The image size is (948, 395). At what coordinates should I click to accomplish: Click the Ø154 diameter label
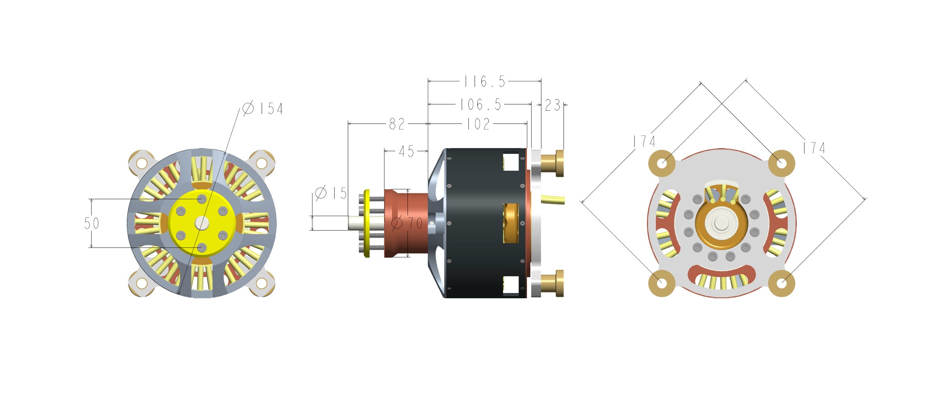(263, 108)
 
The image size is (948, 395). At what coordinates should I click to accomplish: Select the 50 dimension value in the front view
(92, 224)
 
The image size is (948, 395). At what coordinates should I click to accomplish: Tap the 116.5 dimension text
(485, 82)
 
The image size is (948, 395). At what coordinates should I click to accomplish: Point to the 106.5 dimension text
(480, 105)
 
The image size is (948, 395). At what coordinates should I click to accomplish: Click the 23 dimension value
(553, 105)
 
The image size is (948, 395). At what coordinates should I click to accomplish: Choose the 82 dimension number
(397, 124)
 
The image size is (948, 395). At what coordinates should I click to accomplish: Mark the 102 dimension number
(478, 124)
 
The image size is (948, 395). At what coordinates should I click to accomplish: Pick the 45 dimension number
(406, 151)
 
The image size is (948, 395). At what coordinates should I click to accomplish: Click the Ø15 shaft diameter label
(331, 193)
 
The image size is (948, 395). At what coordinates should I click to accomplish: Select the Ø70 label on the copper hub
(407, 223)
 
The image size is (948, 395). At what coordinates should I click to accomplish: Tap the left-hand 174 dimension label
(644, 141)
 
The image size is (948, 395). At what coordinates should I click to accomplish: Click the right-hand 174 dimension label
(814, 148)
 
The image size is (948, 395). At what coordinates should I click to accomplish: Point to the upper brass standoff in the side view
(552, 163)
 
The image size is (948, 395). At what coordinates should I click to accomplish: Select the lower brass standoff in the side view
(552, 283)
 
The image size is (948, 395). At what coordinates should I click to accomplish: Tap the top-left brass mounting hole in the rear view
(662, 163)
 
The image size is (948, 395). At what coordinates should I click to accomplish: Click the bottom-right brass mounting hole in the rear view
(782, 283)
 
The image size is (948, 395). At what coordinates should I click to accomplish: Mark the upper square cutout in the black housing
(510, 162)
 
